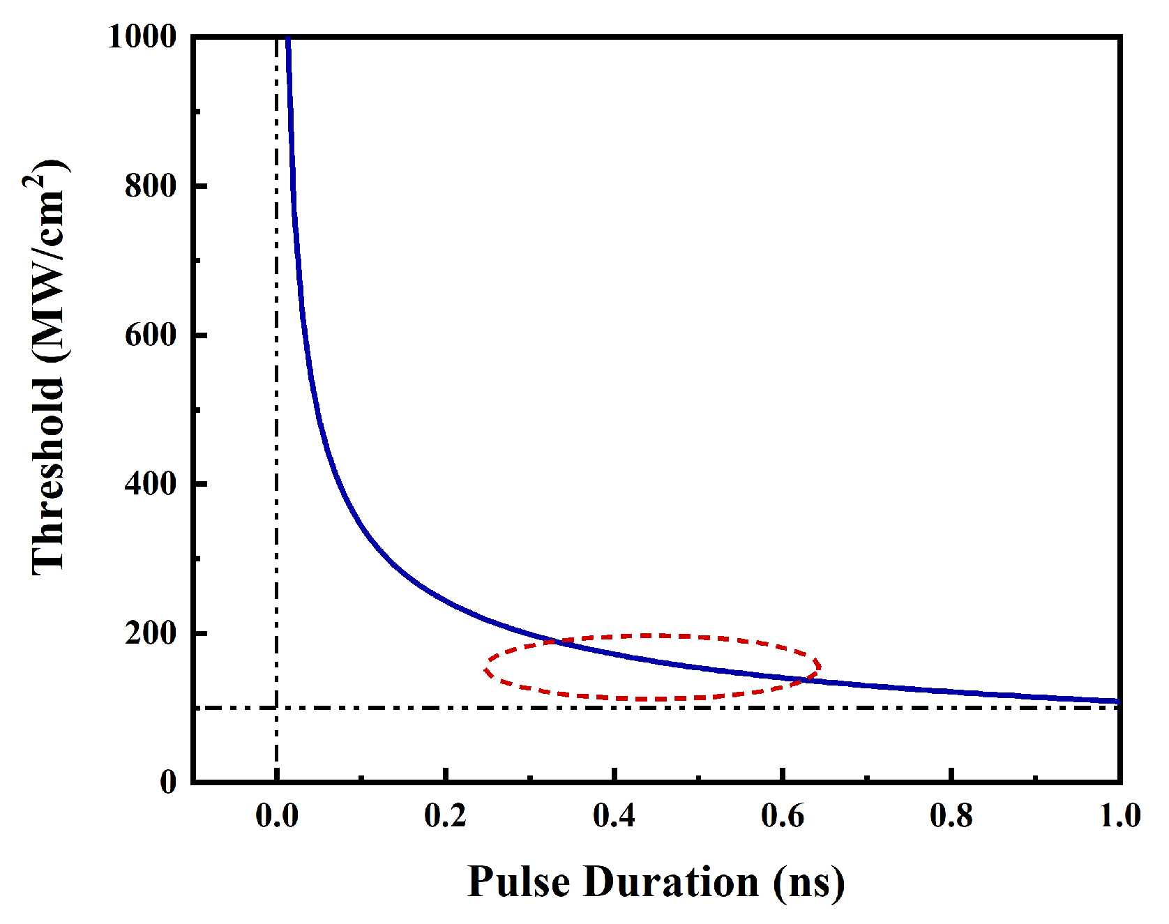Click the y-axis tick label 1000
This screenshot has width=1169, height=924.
[142, 36]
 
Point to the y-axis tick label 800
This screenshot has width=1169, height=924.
[150, 186]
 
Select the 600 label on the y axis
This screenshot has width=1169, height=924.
[150, 335]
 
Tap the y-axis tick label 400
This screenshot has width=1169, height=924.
[150, 483]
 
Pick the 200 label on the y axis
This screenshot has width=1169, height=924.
[150, 633]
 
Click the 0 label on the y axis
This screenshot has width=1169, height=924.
[168, 782]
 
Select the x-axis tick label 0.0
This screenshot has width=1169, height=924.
[277, 815]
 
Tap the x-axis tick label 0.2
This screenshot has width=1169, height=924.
[445, 815]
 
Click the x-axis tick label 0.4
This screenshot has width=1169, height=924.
[614, 815]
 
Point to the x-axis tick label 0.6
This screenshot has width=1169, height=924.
[783, 815]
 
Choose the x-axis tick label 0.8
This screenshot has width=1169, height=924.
[951, 815]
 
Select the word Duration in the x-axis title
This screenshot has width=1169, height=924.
[671, 881]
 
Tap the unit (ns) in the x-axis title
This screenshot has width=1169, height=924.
[808, 883]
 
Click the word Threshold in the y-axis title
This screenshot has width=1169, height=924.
[49, 476]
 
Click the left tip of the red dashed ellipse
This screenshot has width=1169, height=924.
[485, 669]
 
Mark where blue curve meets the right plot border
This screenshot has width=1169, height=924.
[1119, 701]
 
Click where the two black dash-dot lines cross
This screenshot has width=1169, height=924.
[277, 708]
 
